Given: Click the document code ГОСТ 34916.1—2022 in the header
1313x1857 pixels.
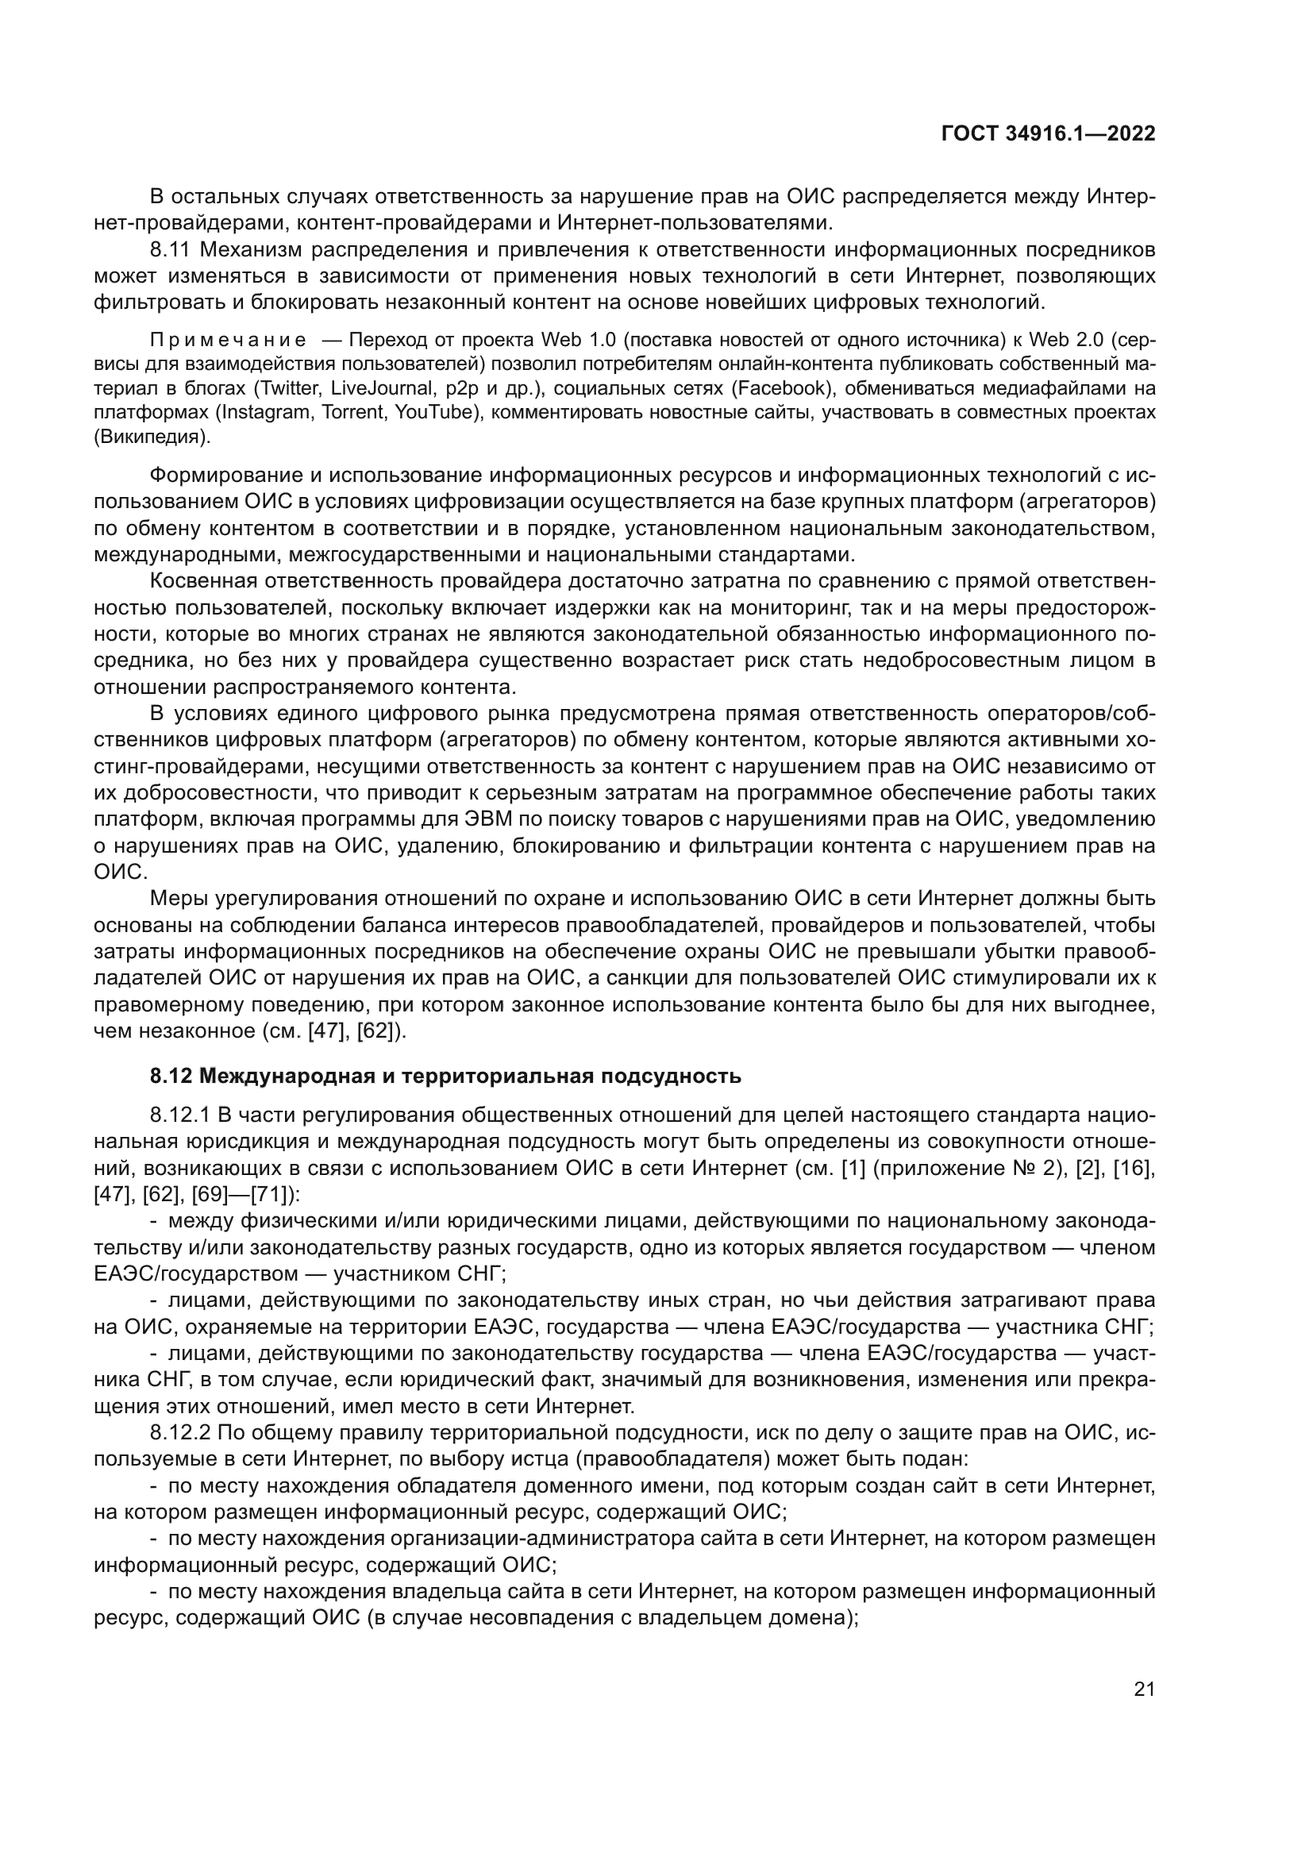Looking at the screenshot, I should click(x=1049, y=134).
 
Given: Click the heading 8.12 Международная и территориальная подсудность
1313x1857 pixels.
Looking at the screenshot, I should click(x=445, y=1077).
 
